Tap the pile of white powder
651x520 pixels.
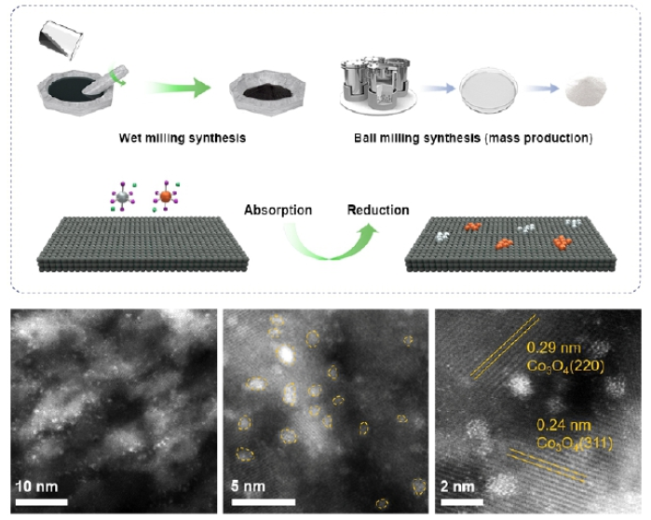coord(587,89)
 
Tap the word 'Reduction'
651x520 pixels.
coord(378,210)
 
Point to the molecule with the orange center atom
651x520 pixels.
coord(165,198)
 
